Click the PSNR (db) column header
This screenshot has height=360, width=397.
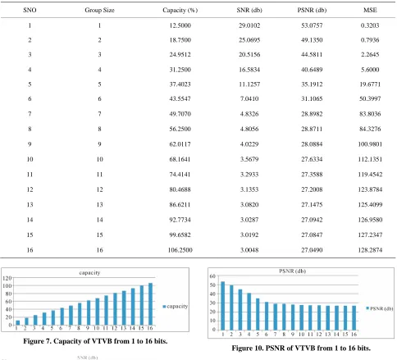click(x=312, y=10)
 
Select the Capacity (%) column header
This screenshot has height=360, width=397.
click(x=180, y=10)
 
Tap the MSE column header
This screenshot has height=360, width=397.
click(x=370, y=10)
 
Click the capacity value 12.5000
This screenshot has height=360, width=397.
click(x=180, y=25)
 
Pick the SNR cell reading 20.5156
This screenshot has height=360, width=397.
click(x=249, y=54)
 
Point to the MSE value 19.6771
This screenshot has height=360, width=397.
click(x=370, y=84)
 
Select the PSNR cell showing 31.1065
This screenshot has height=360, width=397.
click(x=312, y=98)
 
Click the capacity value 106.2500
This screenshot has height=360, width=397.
click(x=180, y=250)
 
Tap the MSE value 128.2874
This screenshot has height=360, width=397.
click(x=370, y=250)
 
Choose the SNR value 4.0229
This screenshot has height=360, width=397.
click(x=249, y=144)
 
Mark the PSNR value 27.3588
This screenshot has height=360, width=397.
click(x=312, y=175)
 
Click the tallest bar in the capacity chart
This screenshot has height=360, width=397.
click(x=150, y=304)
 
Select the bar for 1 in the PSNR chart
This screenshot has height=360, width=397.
click(x=223, y=306)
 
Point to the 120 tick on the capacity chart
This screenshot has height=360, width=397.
click(x=7, y=278)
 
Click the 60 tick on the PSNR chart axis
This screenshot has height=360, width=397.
click(x=212, y=276)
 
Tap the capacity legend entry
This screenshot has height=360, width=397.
click(x=176, y=307)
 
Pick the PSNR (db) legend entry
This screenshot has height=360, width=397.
click(x=380, y=308)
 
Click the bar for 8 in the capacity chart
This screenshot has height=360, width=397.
click(x=80, y=314)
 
